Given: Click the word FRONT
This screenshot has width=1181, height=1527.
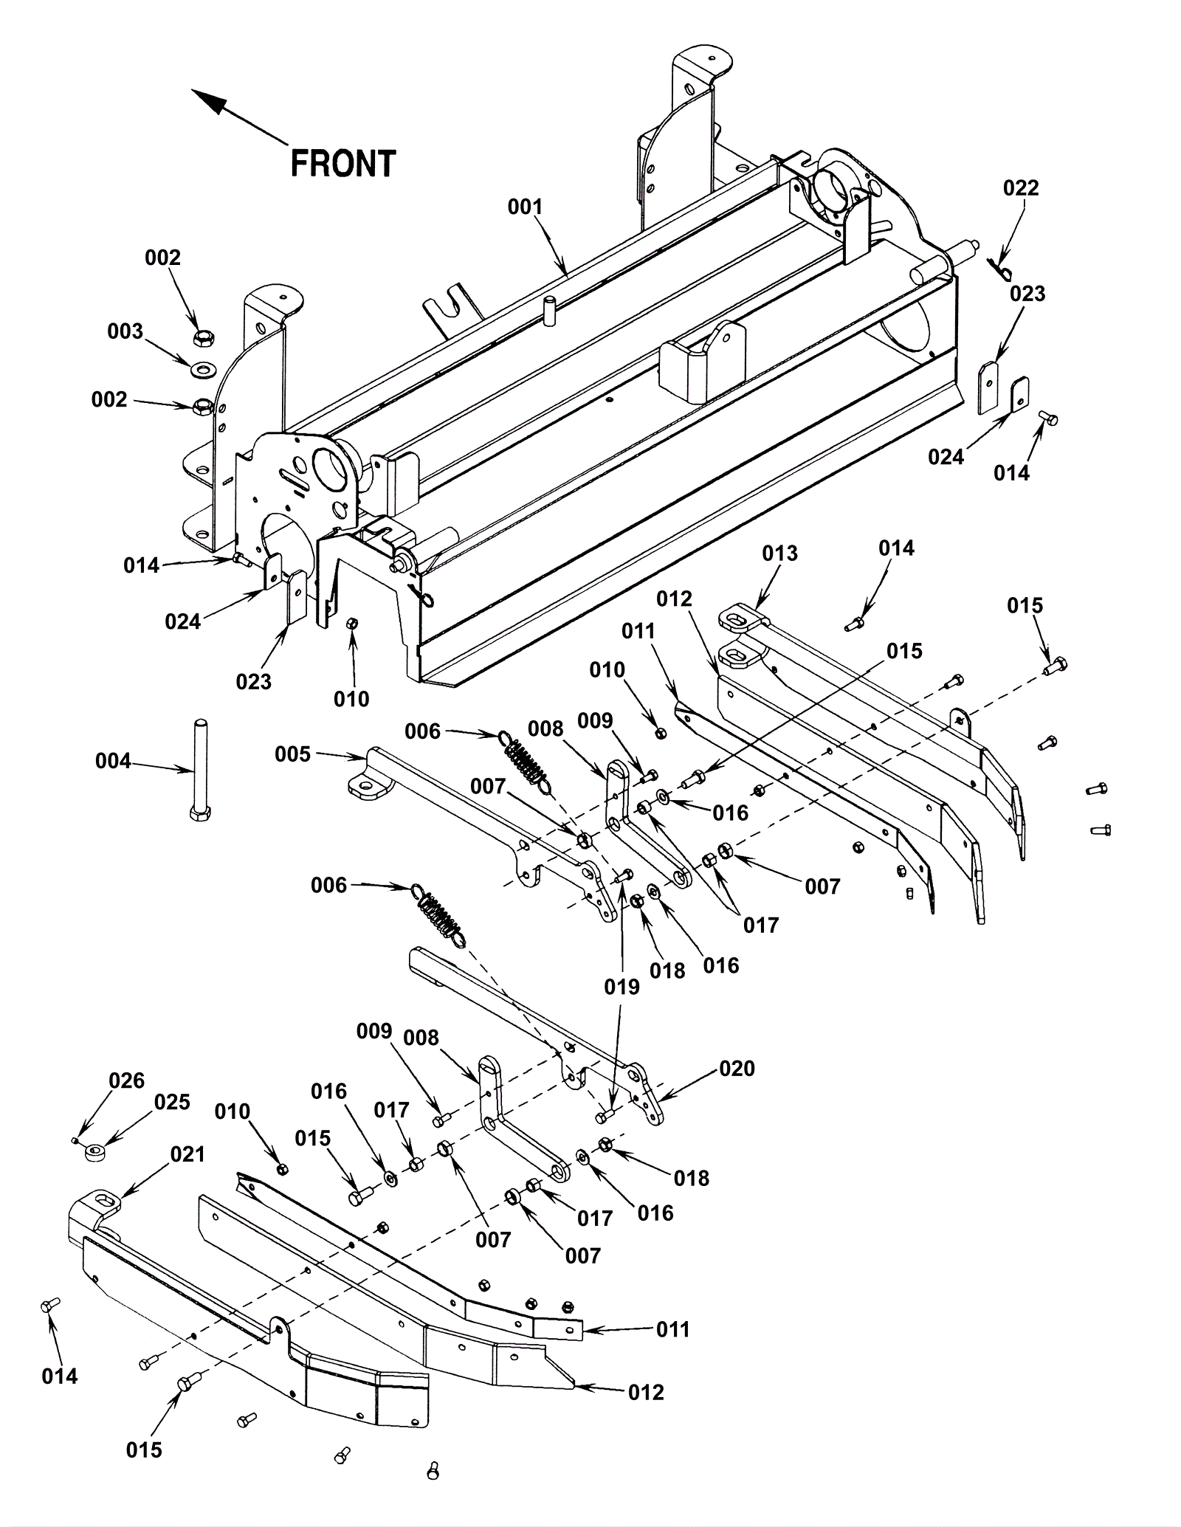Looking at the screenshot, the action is click(x=343, y=164).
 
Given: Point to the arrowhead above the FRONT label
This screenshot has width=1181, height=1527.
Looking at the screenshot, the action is click(x=207, y=101).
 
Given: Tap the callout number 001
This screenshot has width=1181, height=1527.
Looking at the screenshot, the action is click(x=525, y=207).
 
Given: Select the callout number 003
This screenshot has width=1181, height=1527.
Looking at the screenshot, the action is click(x=125, y=331).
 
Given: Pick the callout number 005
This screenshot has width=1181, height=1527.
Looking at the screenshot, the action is click(x=292, y=754).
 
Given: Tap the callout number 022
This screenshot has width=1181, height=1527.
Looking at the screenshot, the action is click(x=1021, y=187).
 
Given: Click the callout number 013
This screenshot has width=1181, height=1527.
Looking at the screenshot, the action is click(x=780, y=553).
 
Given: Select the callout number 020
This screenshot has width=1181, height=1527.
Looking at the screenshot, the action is click(x=737, y=1068).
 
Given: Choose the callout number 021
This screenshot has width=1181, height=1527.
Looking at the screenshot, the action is click(x=187, y=1154).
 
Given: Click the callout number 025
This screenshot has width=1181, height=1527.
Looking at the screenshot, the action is click(x=172, y=1101).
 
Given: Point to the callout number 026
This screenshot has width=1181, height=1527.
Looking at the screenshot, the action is click(x=126, y=1080).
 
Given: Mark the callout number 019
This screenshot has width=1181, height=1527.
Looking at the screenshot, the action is click(x=622, y=987).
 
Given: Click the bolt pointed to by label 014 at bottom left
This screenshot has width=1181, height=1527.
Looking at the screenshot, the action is click(x=49, y=1305).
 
